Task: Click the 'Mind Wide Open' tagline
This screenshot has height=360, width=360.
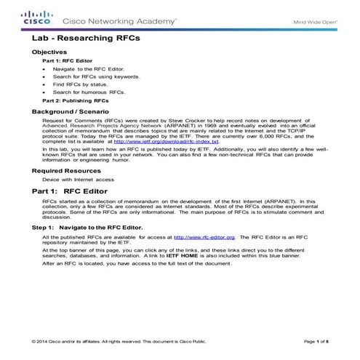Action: click(314, 22)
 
